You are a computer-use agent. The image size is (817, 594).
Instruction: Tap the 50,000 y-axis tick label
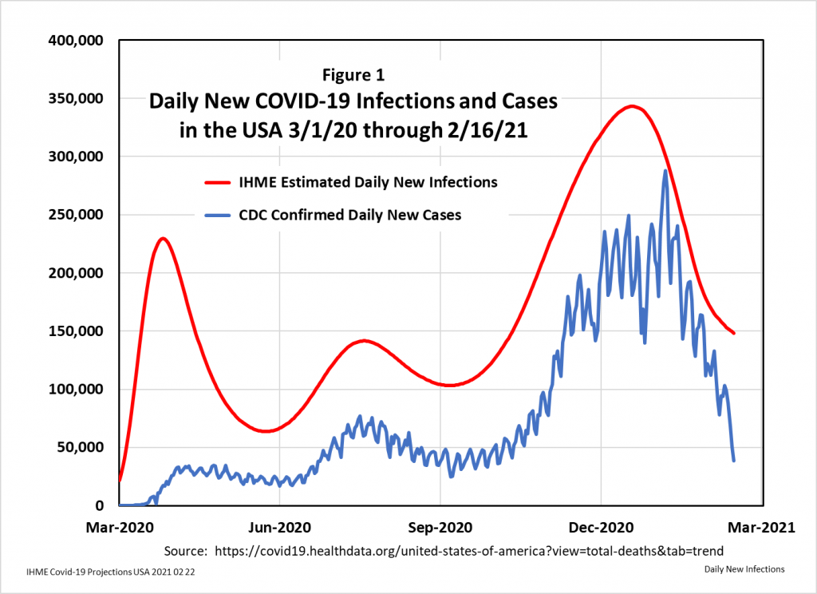[80, 447]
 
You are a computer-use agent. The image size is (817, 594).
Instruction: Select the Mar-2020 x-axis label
[120, 528]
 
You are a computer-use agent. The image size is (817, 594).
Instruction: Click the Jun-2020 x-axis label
[280, 528]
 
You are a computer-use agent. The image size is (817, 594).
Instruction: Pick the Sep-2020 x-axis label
[440, 528]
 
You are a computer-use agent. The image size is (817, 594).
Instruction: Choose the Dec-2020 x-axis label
[601, 528]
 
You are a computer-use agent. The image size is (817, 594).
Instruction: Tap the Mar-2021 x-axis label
[763, 528]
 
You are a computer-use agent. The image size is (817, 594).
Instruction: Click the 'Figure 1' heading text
[353, 76]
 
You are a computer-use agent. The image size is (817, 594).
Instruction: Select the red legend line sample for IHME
[217, 183]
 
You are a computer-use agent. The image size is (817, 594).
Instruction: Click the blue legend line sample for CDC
[217, 216]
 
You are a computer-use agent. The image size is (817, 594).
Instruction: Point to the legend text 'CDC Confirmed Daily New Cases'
[350, 215]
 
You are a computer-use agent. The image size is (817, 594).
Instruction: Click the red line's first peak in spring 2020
[163, 238]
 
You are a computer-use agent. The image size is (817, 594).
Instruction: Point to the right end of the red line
[734, 333]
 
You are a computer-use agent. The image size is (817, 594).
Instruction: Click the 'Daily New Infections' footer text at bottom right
[744, 569]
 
